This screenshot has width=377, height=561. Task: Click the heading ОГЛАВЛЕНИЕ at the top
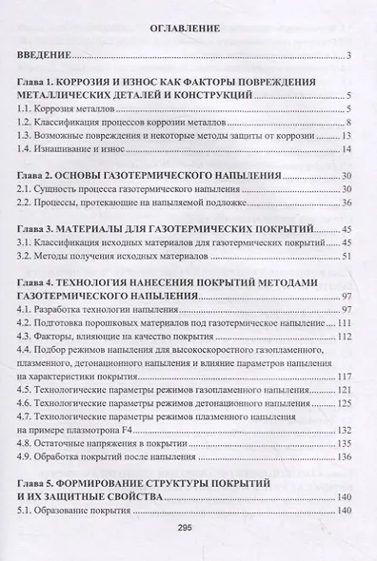(187, 29)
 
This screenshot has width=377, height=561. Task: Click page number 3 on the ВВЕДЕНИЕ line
(351, 57)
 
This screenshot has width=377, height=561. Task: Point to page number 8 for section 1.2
(351, 124)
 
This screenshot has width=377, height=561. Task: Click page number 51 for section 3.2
(347, 257)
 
